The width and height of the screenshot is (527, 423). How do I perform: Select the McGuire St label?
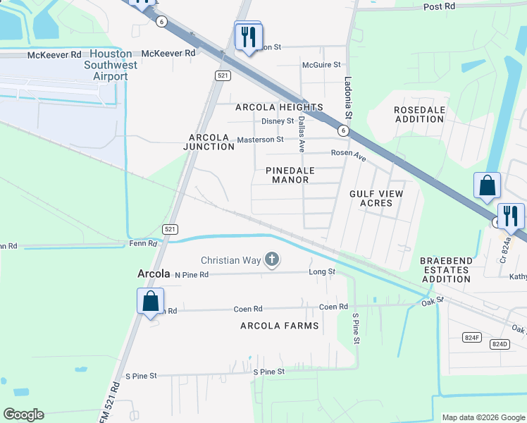(321, 65)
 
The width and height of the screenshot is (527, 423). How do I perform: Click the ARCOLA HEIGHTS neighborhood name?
(279, 107)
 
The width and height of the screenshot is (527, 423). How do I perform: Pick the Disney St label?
(277, 121)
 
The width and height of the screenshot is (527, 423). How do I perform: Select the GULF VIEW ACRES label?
(376, 198)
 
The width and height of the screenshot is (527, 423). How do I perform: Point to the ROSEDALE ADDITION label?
(419, 114)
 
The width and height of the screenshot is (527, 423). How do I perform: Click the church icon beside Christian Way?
(271, 261)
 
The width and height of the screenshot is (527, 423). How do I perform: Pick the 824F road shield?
(472, 338)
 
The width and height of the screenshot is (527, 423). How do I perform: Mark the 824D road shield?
(499, 344)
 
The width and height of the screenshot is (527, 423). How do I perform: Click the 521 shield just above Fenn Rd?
(170, 229)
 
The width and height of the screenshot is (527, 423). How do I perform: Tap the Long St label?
(322, 271)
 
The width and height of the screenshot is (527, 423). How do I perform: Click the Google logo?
(23, 415)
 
